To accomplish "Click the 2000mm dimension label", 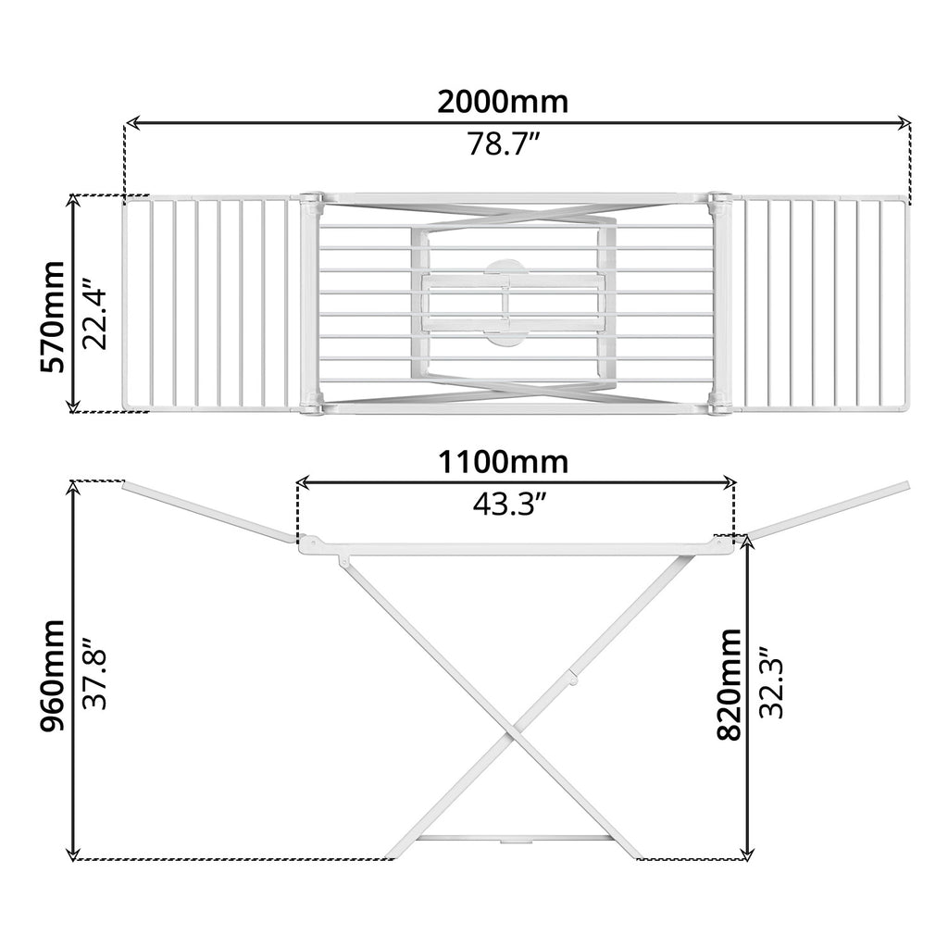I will pos(503,101).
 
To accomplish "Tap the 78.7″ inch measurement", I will pos(503,145).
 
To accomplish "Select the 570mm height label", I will pos(53,316).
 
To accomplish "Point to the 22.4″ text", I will pos(95,316).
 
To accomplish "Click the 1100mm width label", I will pos(503,460).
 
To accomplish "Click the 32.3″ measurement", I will pos(771,683).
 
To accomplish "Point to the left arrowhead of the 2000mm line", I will pos(131,122).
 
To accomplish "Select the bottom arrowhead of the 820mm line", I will pos(748,852).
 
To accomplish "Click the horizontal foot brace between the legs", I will pos(515,838).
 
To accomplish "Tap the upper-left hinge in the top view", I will pos(311,200).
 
